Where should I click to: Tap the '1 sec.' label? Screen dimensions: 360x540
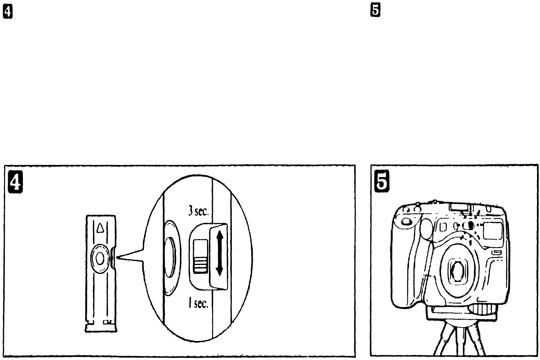[198, 303]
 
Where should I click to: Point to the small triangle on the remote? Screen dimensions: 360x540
[100, 227]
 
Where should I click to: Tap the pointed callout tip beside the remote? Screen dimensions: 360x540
[118, 257]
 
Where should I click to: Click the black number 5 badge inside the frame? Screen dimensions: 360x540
[382, 183]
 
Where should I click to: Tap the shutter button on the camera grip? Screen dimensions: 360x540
[406, 222]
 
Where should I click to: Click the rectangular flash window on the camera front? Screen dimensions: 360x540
[494, 230]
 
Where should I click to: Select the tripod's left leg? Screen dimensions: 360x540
[444, 341]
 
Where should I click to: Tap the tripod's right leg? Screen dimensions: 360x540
[476, 341]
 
